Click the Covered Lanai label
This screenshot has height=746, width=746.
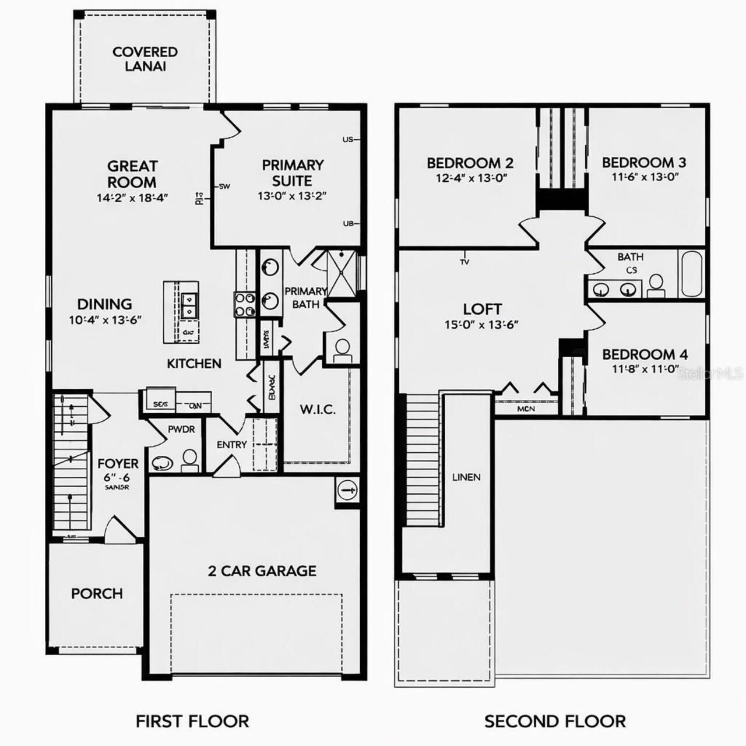[145, 59]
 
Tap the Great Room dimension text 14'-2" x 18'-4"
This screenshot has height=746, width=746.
[132, 198]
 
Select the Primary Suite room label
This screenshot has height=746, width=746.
[292, 173]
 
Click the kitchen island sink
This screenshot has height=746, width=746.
[189, 305]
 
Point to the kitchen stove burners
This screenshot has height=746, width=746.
[245, 304]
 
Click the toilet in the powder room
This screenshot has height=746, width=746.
[189, 460]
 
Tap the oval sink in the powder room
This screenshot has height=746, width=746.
[162, 463]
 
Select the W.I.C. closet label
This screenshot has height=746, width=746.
[318, 409]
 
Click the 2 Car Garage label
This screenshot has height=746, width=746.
[262, 571]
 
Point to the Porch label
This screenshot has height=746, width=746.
[97, 593]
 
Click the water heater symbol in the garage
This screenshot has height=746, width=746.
[347, 490]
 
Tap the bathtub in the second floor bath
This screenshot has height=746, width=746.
[691, 274]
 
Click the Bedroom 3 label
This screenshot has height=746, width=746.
[644, 162]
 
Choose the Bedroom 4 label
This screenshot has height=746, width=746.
[645, 354]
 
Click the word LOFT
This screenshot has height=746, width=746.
[482, 309]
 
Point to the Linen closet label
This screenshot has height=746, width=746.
[466, 477]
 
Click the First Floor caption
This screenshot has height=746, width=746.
[192, 721]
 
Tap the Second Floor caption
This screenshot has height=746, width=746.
[555, 721]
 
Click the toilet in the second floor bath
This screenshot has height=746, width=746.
[656, 285]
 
